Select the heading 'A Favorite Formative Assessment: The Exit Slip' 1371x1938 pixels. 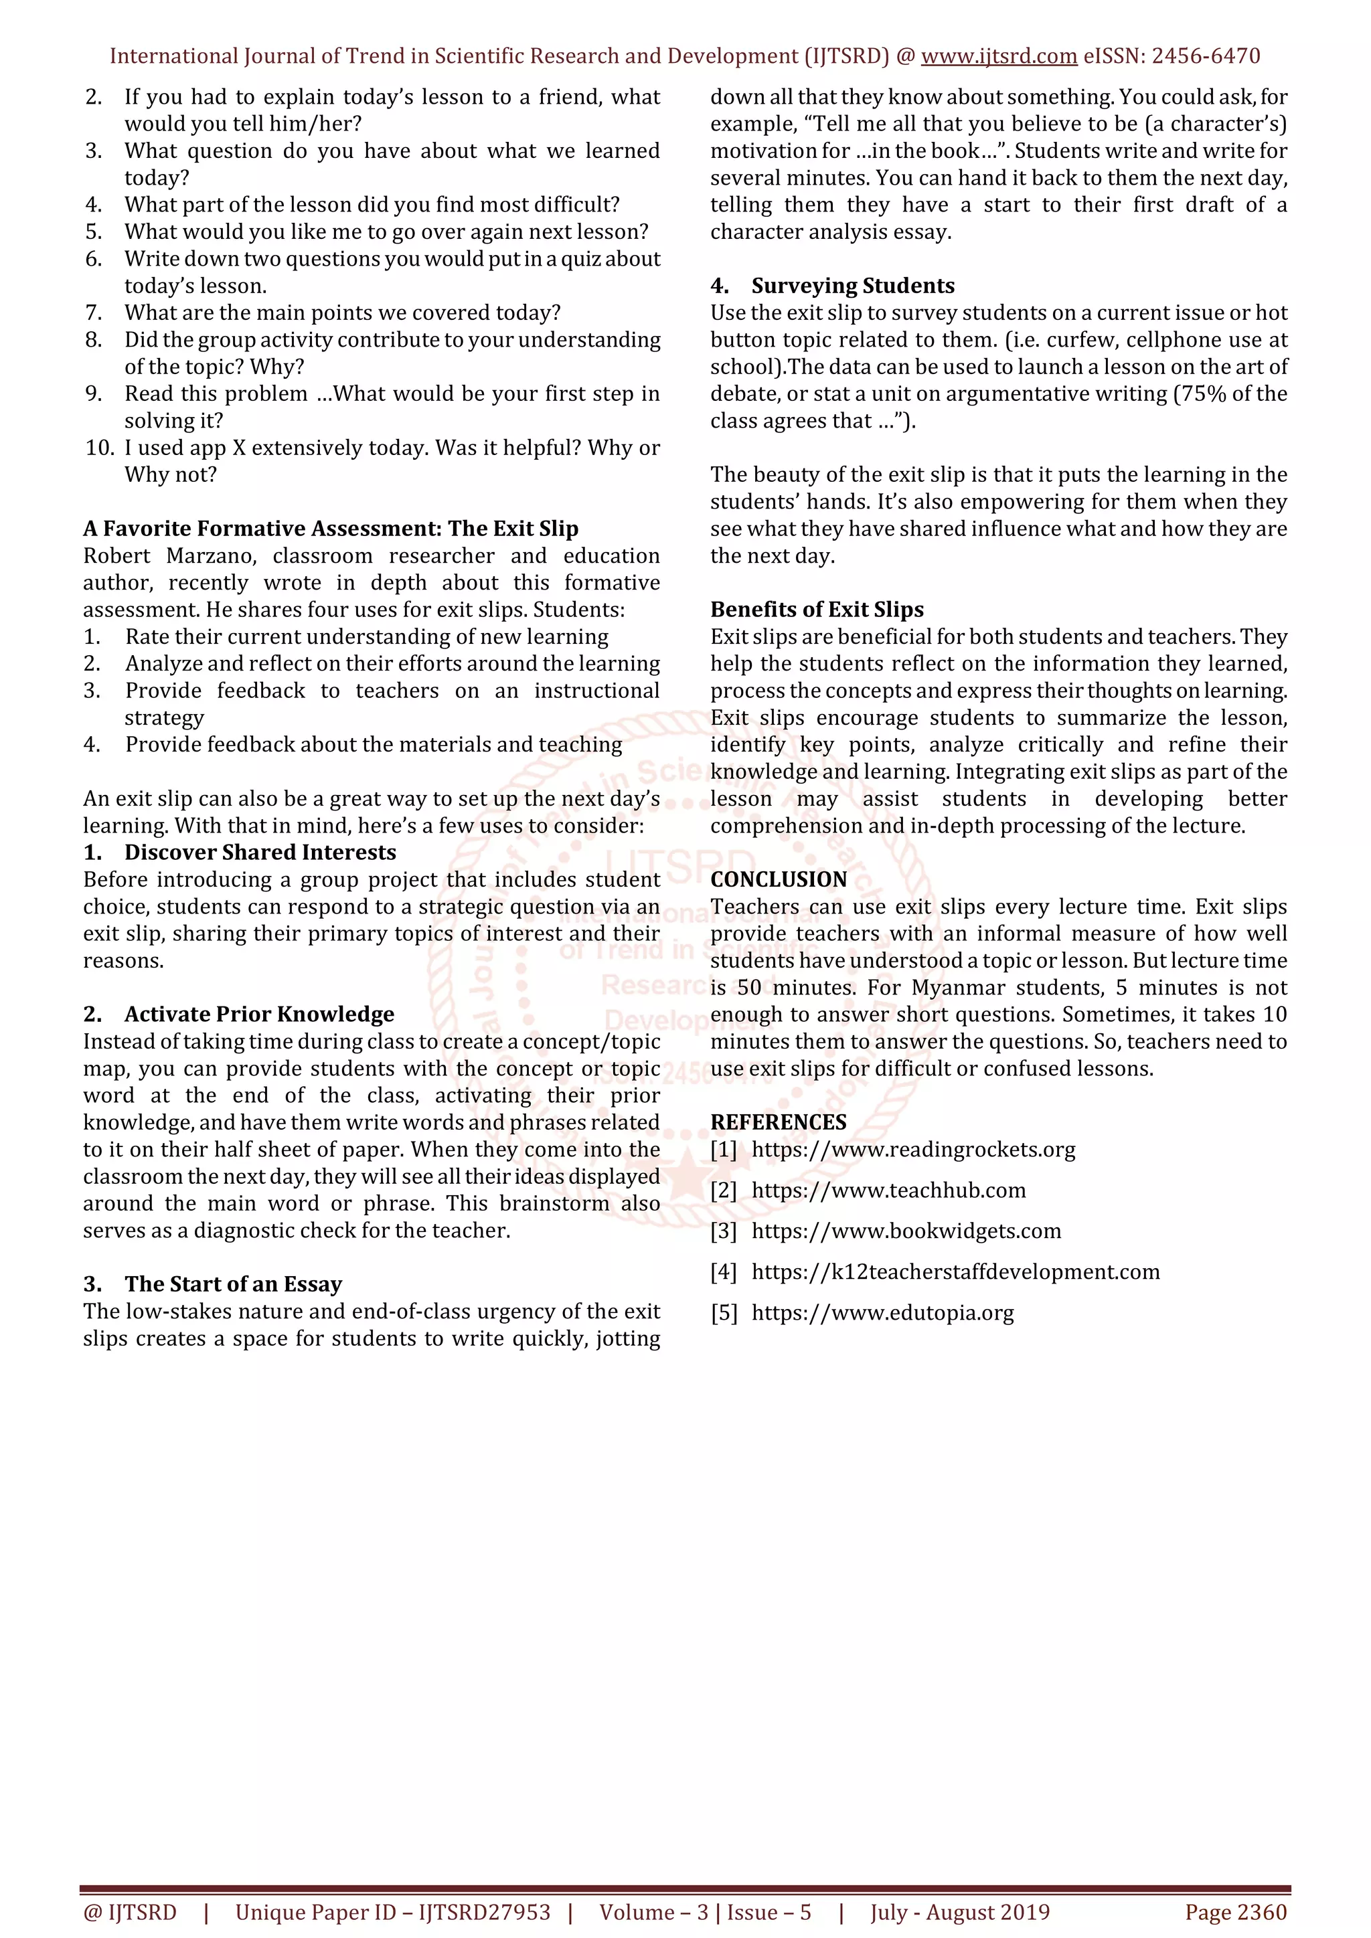(331, 529)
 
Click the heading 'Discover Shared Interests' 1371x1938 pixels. (260, 853)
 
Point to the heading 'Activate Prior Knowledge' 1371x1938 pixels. (259, 1014)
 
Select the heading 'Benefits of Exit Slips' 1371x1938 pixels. (816, 610)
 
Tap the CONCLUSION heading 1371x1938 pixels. (779, 879)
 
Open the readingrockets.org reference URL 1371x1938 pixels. (913, 1150)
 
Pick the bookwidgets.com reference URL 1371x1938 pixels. (906, 1231)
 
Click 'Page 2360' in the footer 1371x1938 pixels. (1235, 1912)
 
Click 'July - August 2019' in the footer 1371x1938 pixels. (960, 1912)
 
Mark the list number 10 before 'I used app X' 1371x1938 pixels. (100, 448)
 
